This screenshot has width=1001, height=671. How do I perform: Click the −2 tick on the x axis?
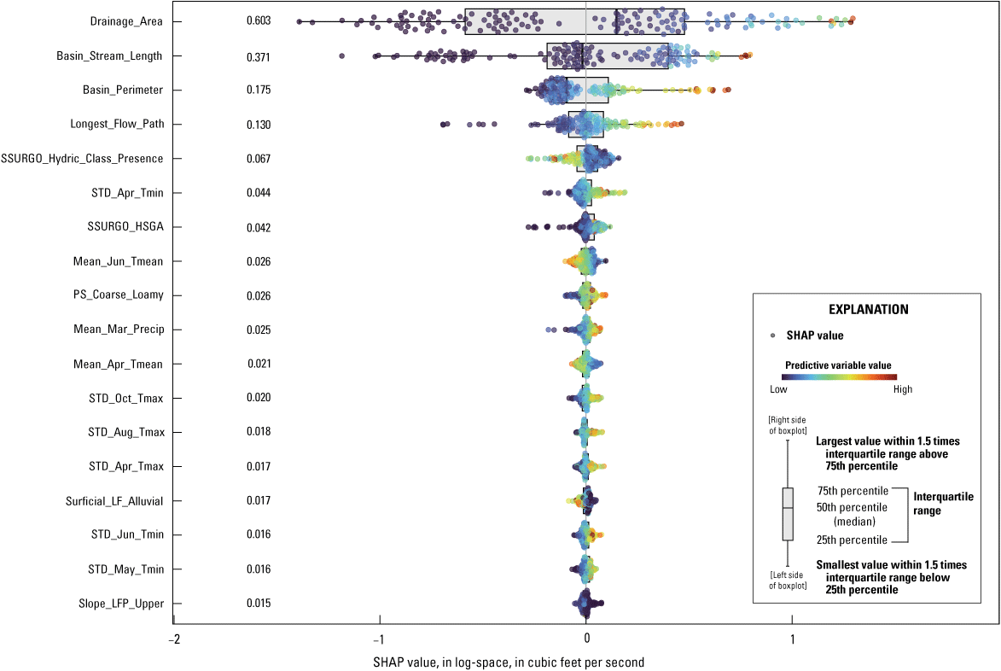(173, 639)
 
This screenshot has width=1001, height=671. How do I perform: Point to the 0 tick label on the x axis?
(586, 639)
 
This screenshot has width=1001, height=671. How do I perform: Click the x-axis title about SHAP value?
(509, 662)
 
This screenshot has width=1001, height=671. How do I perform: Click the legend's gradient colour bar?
(840, 376)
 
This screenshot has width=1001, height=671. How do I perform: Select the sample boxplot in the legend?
(788, 514)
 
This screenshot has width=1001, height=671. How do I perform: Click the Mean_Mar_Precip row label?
(119, 330)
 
